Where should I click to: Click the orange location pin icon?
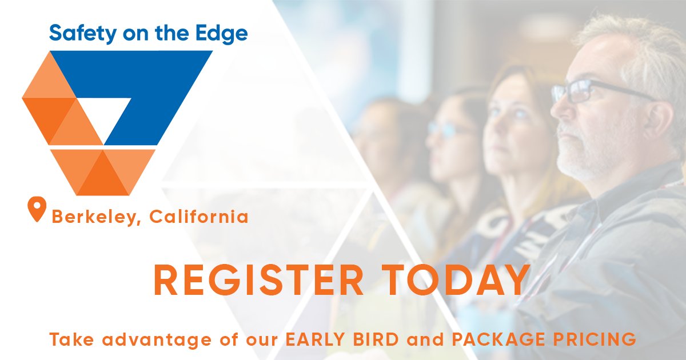[x=37, y=209]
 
